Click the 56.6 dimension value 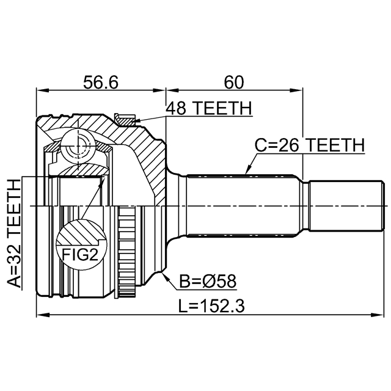click(x=100, y=82)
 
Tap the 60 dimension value click(x=233, y=82)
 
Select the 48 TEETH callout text click(x=209, y=108)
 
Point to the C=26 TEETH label click(x=310, y=145)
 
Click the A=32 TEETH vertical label click(x=14, y=233)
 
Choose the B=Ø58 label click(x=208, y=282)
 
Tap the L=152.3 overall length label click(x=211, y=306)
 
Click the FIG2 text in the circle click(x=80, y=255)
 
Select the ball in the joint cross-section click(x=78, y=148)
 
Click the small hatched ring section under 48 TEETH click(x=125, y=120)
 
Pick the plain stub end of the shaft click(x=346, y=206)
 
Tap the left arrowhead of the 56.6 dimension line click(x=43, y=90)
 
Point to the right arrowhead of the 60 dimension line click(x=296, y=90)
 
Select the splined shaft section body click(x=243, y=206)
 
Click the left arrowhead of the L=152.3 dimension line click(x=43, y=315)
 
